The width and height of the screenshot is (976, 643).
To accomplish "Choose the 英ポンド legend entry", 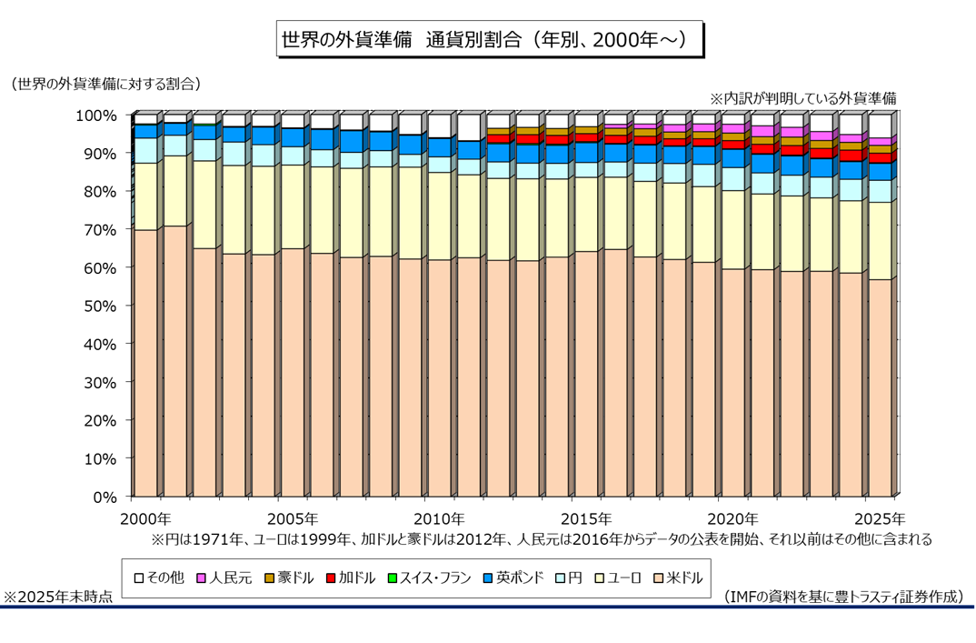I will coord(516,577).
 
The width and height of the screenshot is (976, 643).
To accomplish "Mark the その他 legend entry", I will coord(159,577).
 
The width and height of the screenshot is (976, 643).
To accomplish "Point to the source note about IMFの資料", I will coord(844,597).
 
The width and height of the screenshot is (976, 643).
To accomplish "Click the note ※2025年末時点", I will coord(59,597).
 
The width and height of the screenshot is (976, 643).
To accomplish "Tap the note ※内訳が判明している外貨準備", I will coord(803,97).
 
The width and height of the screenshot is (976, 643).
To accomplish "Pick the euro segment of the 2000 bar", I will coord(145,196).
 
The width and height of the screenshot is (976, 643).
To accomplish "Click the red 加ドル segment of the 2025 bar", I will coord(880,158).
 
